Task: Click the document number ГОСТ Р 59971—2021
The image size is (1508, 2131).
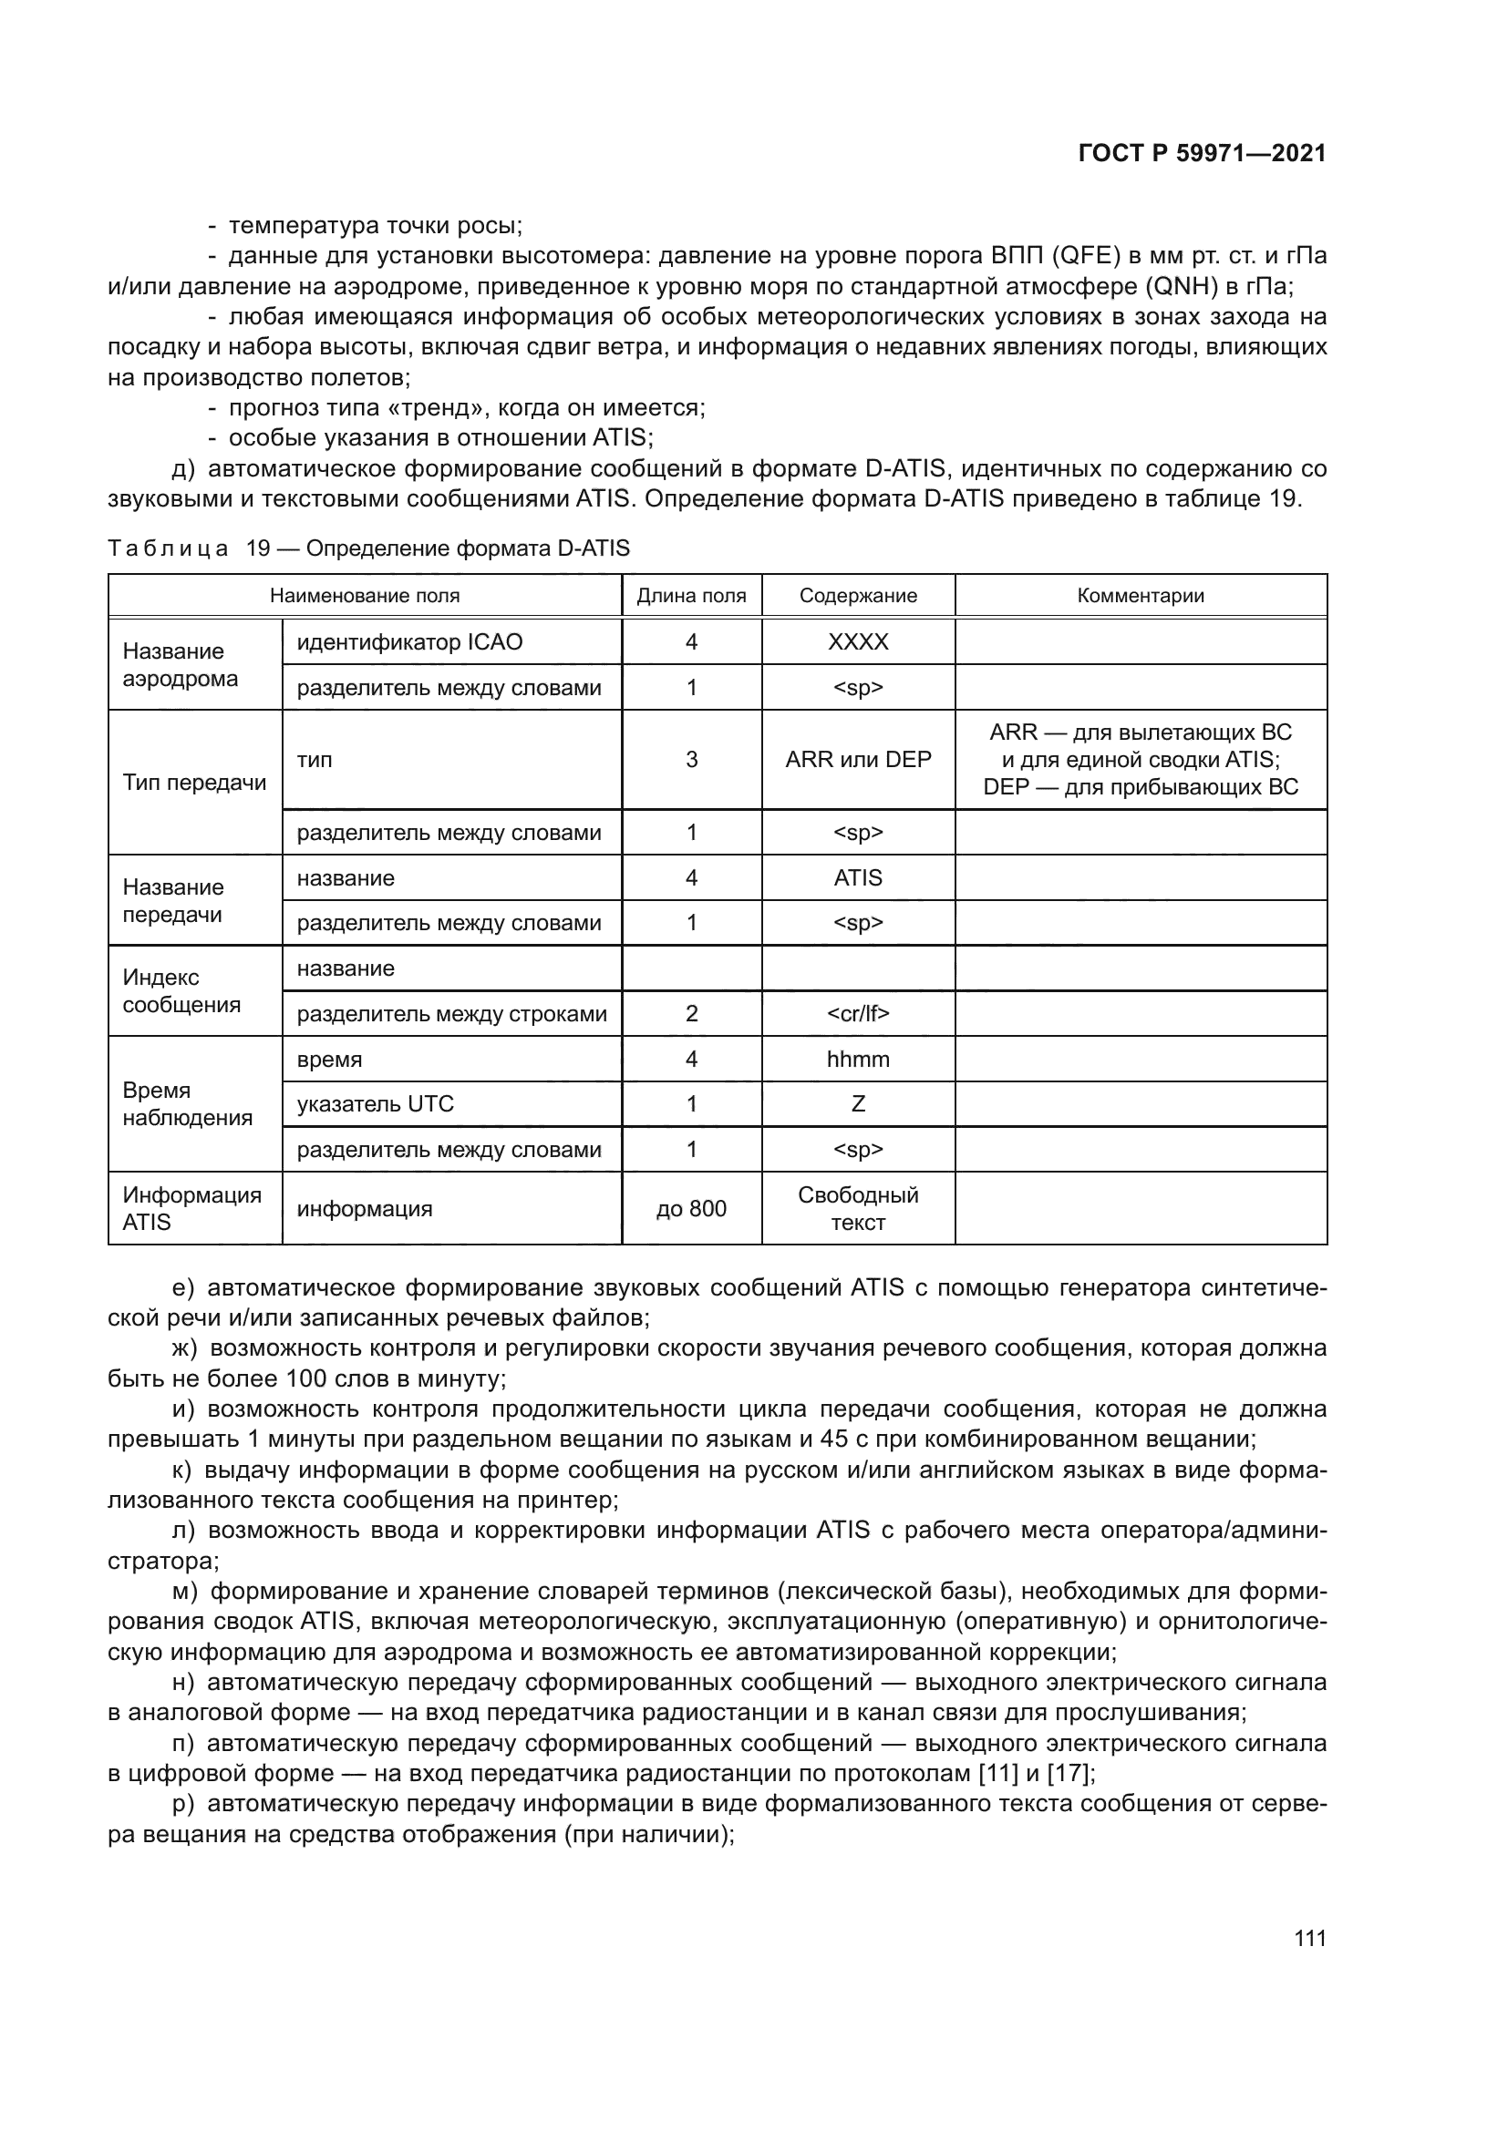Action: tap(1202, 154)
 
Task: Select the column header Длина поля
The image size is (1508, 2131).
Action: tap(691, 596)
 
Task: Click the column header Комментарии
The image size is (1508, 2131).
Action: tap(1141, 596)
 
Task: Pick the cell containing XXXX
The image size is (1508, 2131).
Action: tap(858, 642)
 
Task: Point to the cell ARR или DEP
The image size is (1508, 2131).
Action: tap(858, 760)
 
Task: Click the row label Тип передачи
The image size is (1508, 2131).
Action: tap(194, 783)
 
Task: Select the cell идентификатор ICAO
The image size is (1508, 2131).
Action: tap(409, 642)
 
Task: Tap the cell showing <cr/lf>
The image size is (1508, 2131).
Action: tap(858, 1013)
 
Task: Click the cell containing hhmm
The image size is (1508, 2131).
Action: tap(858, 1059)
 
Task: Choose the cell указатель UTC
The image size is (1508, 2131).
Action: tap(375, 1104)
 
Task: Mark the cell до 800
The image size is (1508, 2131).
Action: tap(691, 1208)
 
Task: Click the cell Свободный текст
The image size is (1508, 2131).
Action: tap(858, 1208)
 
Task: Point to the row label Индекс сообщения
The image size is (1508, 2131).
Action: tap(181, 991)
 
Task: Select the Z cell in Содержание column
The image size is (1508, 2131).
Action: tap(858, 1104)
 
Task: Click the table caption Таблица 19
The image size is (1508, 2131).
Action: tap(368, 548)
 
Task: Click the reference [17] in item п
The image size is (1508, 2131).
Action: tap(1068, 1774)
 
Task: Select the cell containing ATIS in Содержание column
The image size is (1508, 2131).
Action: tap(858, 878)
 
